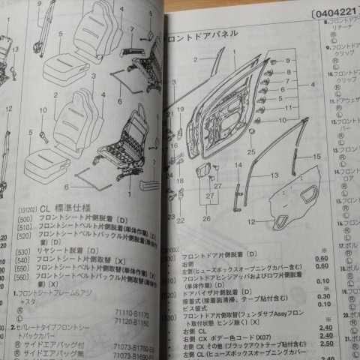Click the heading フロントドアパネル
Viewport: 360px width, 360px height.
point(203,34)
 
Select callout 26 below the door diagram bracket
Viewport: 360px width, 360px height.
point(206,218)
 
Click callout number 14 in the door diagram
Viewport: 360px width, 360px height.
point(237,165)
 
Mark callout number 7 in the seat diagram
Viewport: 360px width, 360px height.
point(133,31)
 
